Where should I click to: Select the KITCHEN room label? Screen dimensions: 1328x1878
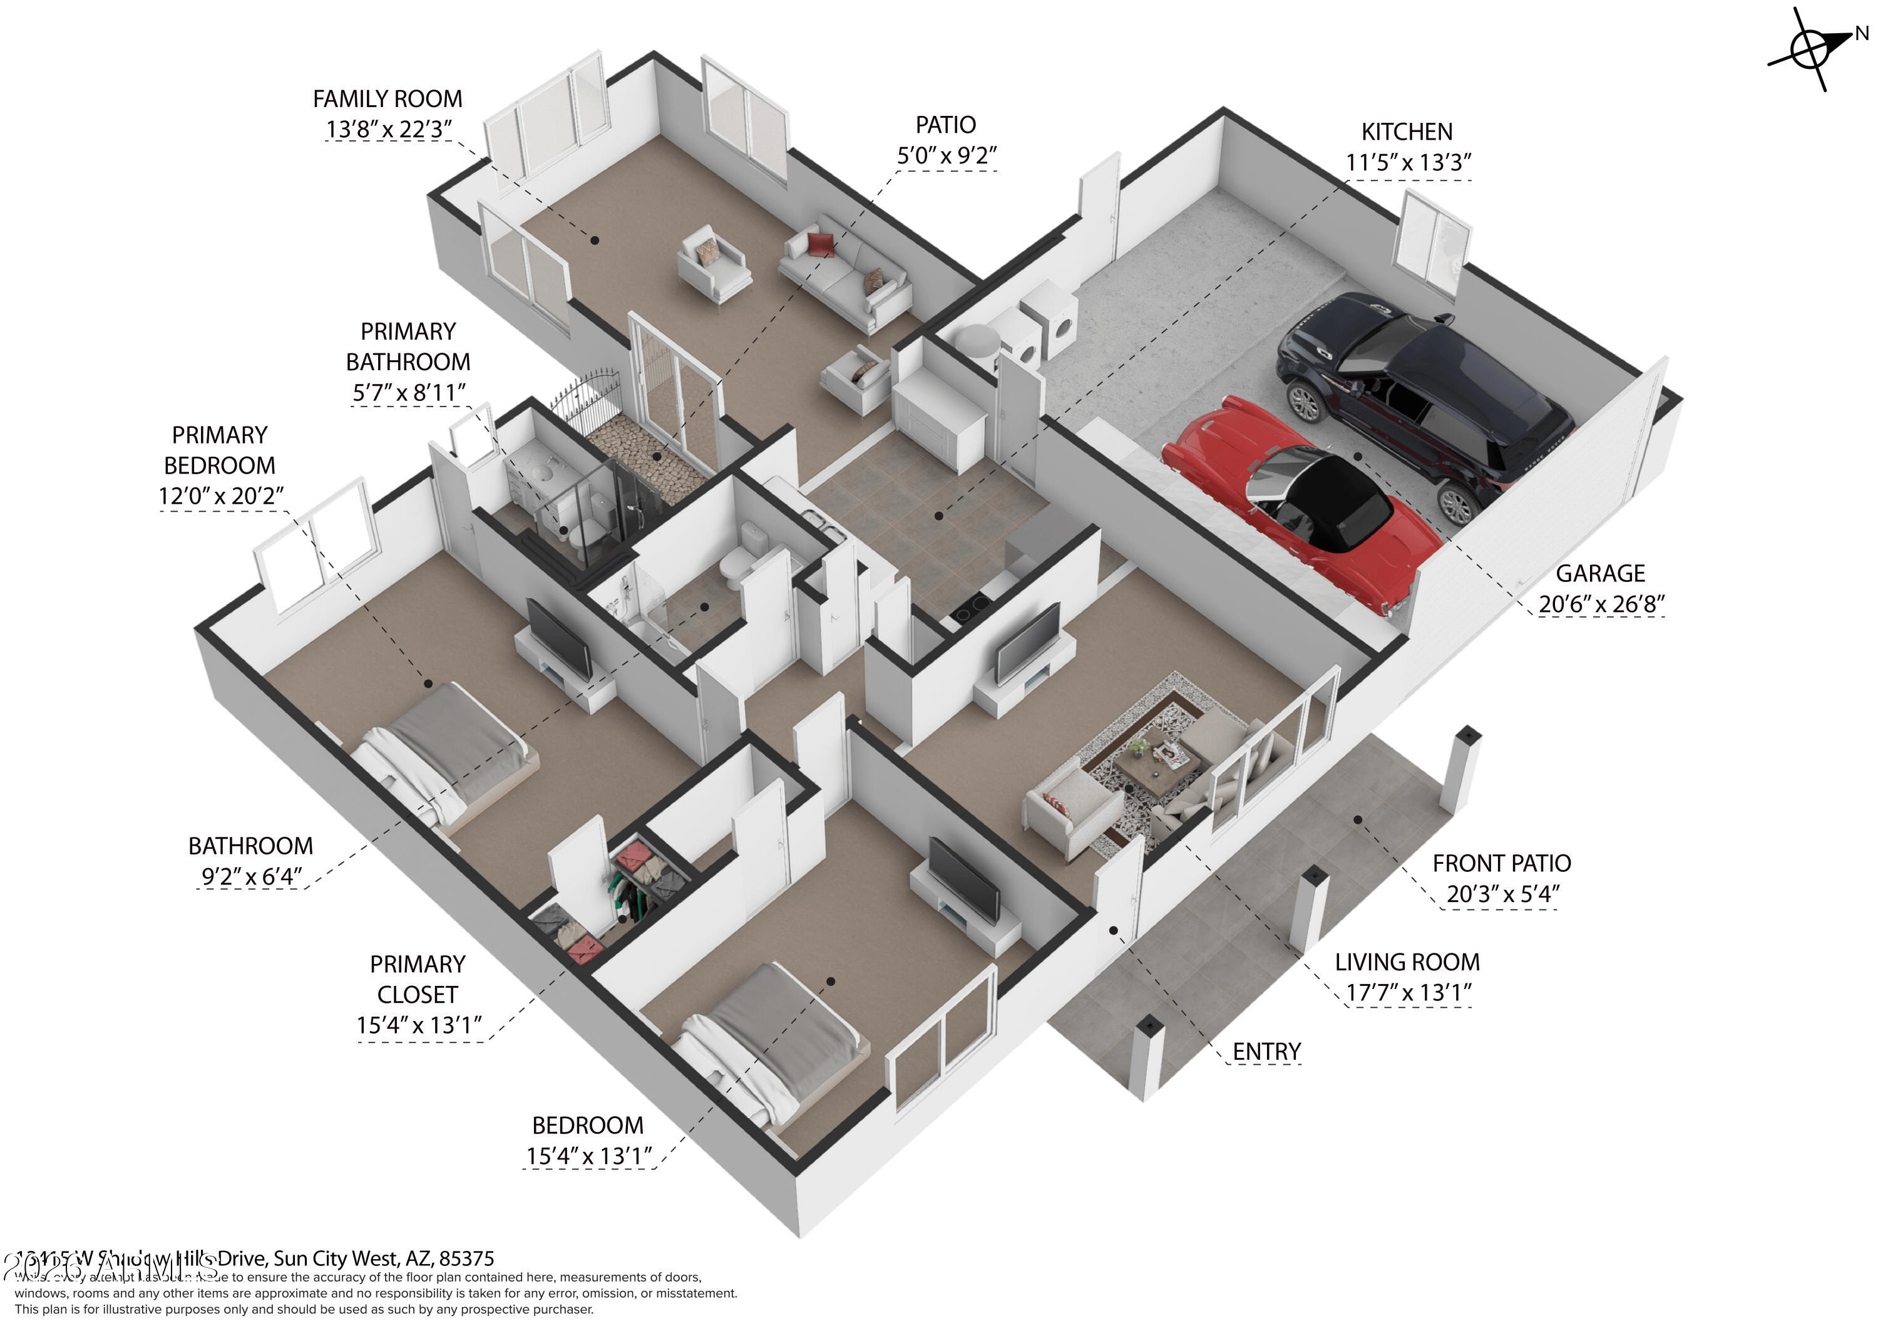1407,132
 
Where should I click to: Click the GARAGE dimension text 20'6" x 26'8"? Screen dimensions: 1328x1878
1601,604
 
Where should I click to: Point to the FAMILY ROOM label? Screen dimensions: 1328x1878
387,99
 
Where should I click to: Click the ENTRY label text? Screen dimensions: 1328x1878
1266,1051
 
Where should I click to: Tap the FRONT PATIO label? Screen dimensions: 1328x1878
1501,863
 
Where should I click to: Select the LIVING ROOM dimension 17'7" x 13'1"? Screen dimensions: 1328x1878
1408,992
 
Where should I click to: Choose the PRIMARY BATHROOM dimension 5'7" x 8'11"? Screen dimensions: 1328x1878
408,393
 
